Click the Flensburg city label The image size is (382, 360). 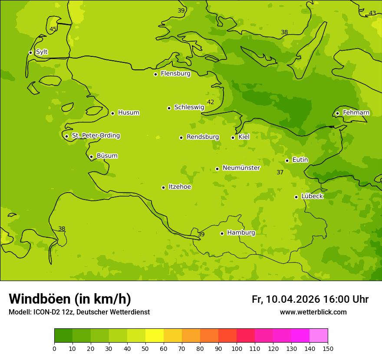175,74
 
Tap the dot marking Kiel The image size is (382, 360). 233,137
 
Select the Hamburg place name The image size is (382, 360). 241,233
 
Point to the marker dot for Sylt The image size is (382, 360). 30,52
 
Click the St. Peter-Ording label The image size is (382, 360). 95,136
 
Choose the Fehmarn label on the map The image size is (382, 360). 356,113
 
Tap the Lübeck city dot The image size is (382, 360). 296,197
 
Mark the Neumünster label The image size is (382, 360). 241,168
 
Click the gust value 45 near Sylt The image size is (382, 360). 53,29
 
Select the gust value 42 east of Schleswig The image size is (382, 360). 211,102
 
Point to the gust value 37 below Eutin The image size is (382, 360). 280,173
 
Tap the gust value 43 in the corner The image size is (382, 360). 372,13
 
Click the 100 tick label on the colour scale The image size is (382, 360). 237,348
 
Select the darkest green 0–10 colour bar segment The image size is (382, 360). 63,335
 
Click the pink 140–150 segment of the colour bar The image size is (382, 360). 318,335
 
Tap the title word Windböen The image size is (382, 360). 40,299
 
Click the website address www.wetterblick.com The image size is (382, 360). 313,312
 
